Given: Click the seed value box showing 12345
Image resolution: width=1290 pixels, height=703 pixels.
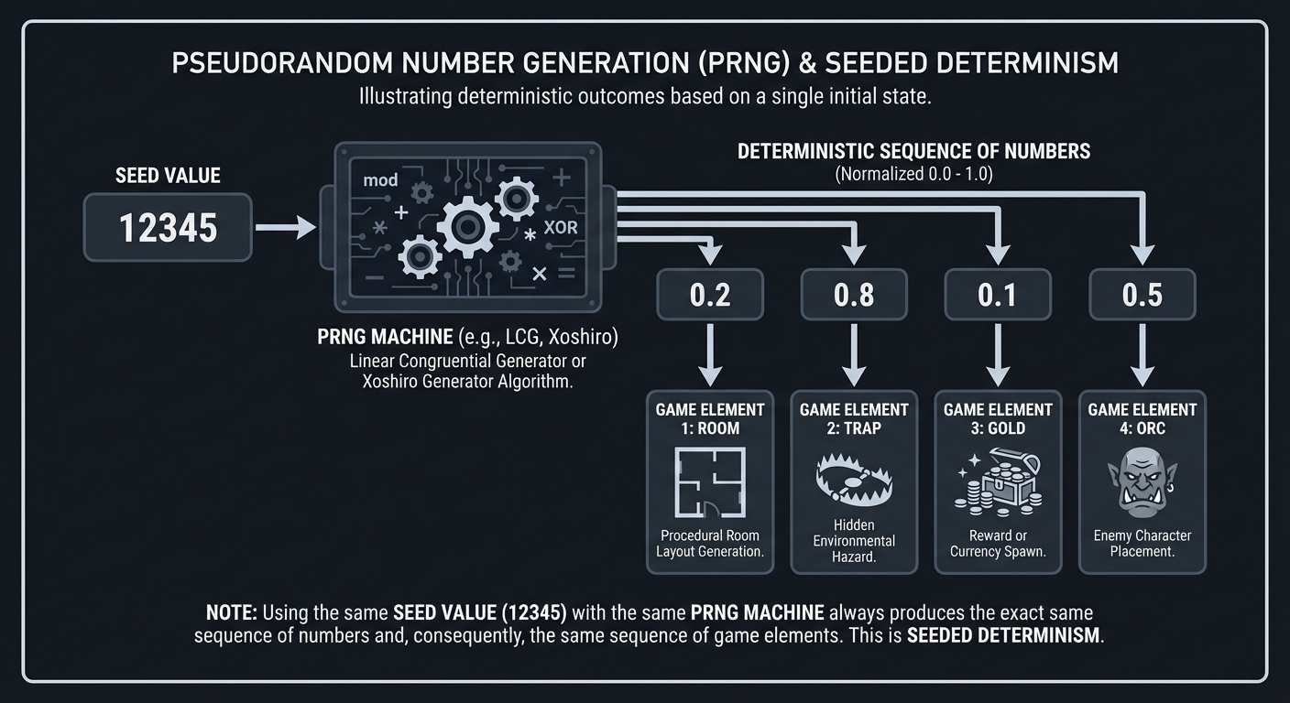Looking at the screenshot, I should click(x=168, y=227).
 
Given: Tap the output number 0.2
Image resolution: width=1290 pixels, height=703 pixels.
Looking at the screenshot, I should click(x=710, y=295).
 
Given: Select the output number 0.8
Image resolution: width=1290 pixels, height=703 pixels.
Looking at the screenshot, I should click(x=854, y=295).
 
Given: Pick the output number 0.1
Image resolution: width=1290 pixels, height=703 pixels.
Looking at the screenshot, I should click(x=998, y=295).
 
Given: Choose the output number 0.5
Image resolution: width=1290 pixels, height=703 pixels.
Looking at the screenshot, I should click(x=1142, y=295).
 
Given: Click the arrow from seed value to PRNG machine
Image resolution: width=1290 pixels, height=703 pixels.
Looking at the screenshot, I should click(x=285, y=227).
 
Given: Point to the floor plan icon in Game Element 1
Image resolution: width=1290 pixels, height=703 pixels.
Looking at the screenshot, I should click(x=710, y=482).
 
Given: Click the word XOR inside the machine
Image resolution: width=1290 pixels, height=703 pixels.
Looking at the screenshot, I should click(x=560, y=228).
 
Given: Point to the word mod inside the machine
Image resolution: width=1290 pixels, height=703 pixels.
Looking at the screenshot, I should click(x=380, y=180).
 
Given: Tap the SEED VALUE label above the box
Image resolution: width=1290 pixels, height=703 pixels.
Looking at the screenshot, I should click(x=168, y=176).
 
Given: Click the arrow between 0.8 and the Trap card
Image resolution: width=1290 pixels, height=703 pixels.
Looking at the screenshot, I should click(x=854, y=354).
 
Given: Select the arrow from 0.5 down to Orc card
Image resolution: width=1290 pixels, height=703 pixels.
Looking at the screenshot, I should click(x=1142, y=354).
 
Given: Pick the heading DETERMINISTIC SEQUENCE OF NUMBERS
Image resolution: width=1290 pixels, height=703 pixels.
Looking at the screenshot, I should click(x=913, y=151).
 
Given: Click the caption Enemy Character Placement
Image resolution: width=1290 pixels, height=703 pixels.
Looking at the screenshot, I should click(x=1142, y=543).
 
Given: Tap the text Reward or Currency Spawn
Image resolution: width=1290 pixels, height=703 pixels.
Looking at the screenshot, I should click(x=998, y=543).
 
